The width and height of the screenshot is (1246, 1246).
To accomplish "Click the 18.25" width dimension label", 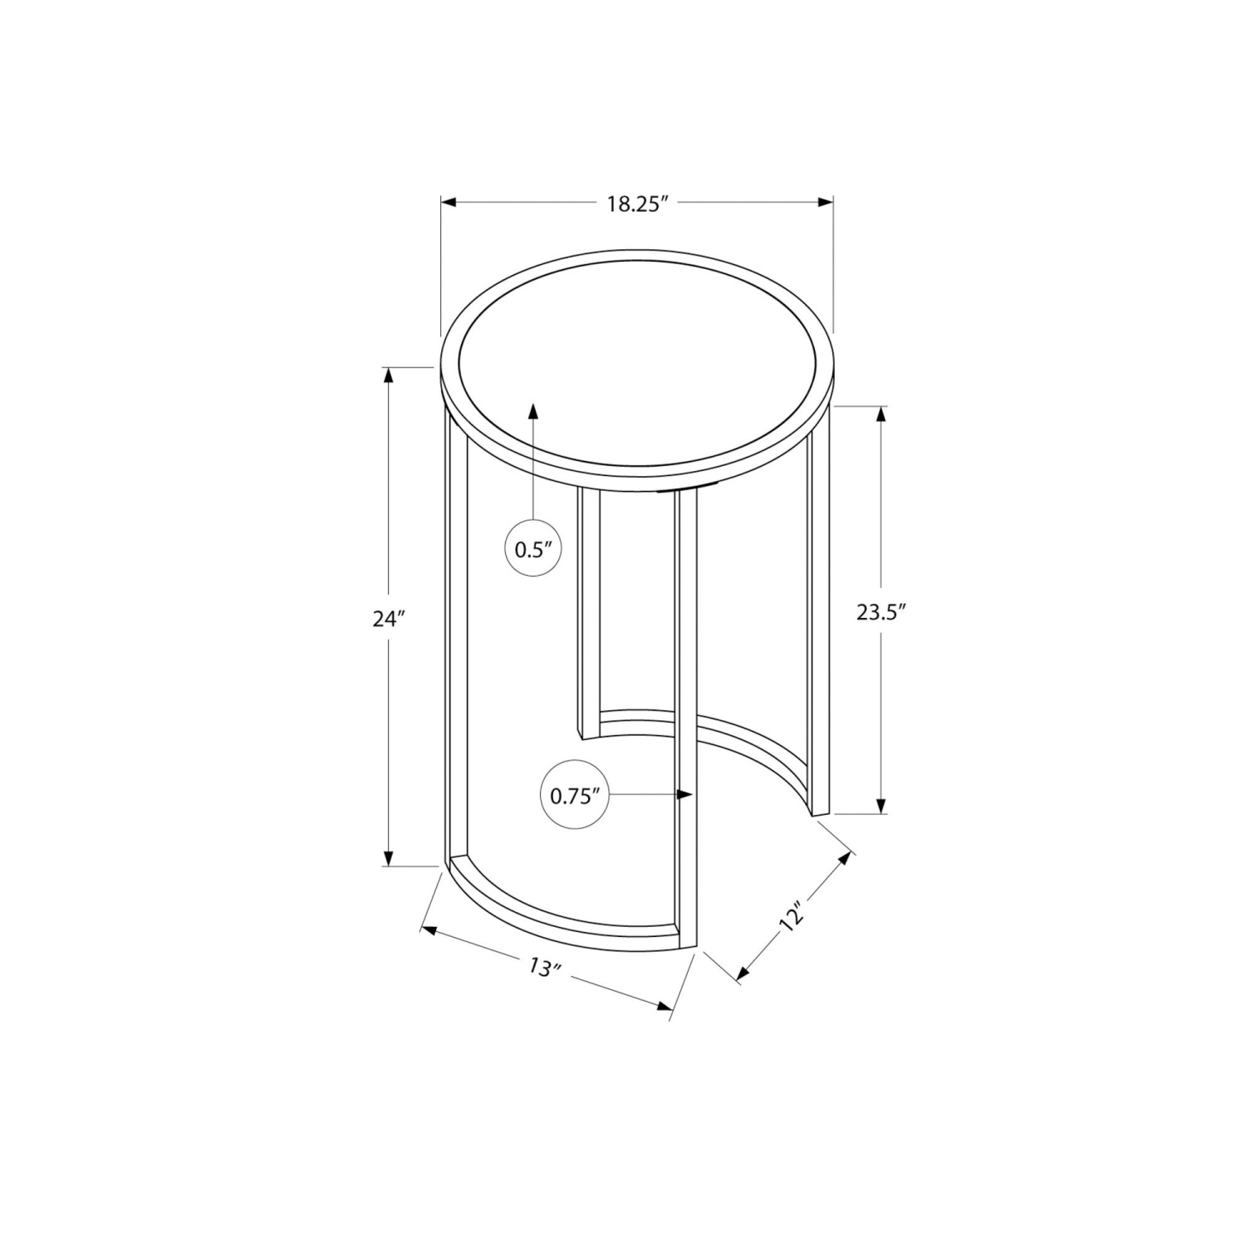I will [637, 204].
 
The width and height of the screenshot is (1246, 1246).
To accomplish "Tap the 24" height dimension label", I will [388, 619].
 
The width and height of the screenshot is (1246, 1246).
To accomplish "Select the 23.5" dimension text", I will [881, 612].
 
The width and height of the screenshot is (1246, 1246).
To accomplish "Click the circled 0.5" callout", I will [534, 549].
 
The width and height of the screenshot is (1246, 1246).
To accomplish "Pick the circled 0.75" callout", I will [575, 796].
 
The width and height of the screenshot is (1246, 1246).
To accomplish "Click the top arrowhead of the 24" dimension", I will [388, 375].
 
